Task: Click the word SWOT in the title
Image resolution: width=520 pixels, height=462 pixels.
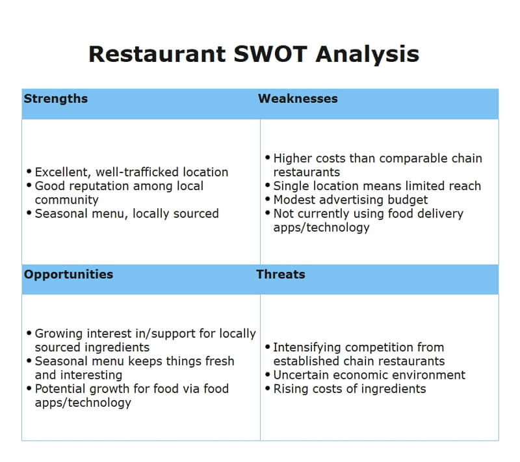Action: (x=270, y=53)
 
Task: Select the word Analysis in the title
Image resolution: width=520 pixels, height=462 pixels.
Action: (x=367, y=53)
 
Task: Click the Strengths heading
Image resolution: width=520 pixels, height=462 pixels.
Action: (x=55, y=99)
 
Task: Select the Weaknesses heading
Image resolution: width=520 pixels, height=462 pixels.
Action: (x=298, y=99)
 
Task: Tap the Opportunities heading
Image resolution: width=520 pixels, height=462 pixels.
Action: (x=68, y=274)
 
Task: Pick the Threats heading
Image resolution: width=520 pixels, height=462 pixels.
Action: (x=281, y=274)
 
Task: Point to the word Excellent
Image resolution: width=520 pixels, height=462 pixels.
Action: (x=62, y=172)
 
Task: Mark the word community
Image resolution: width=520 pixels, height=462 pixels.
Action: (x=66, y=200)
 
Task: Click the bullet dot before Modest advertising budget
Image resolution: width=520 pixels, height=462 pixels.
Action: (x=267, y=200)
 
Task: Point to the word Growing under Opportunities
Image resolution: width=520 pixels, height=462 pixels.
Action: (x=58, y=333)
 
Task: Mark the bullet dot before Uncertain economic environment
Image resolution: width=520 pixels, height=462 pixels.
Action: (x=267, y=375)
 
